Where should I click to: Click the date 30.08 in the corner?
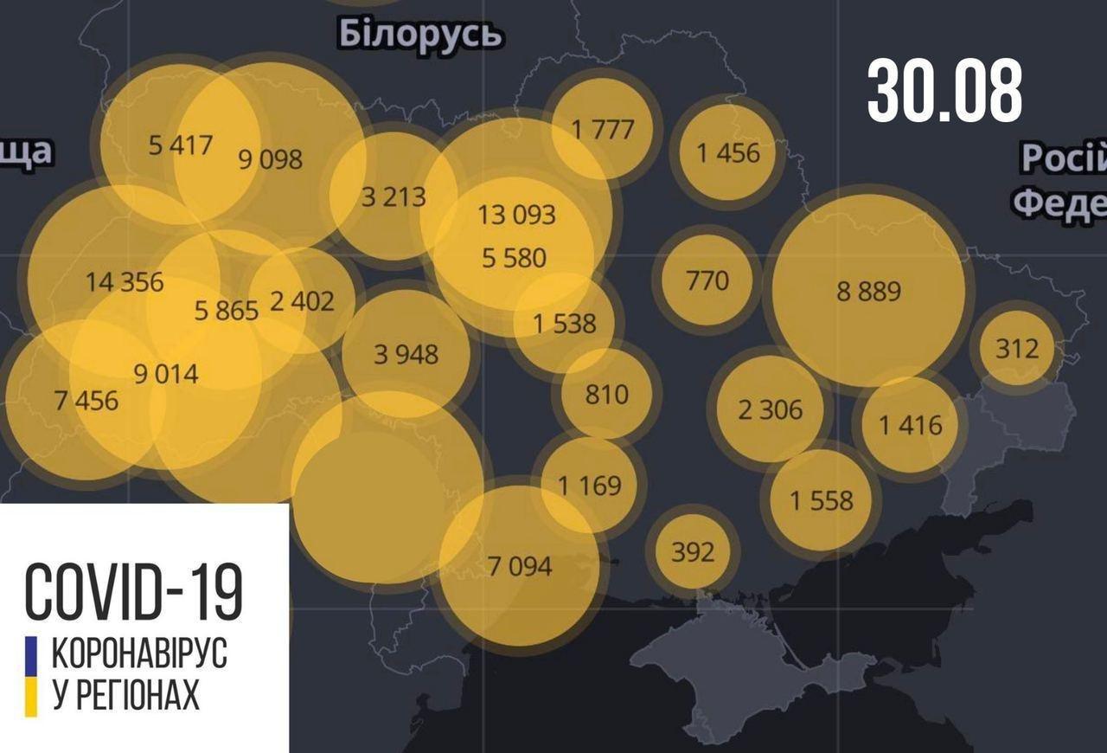pyautogui.click(x=944, y=91)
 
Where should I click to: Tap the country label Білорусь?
pyautogui.click(x=420, y=35)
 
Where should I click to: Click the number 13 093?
pyautogui.click(x=516, y=214)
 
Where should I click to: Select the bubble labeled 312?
pyautogui.click(x=1016, y=348)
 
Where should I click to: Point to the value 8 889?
pyautogui.click(x=868, y=291)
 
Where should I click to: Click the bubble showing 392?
pyautogui.click(x=693, y=550)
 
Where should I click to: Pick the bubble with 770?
pyautogui.click(x=707, y=280)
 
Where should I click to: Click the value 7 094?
pyautogui.click(x=519, y=566)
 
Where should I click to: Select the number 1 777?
pyautogui.click(x=603, y=129)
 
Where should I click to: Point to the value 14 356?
pyautogui.click(x=125, y=281)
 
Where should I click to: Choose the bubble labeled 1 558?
pyautogui.click(x=822, y=499)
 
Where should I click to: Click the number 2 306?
pyautogui.click(x=770, y=409)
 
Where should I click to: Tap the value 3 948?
pyautogui.click(x=406, y=353)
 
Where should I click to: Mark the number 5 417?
pyautogui.click(x=180, y=144)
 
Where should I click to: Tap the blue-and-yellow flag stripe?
pyautogui.click(x=31, y=676)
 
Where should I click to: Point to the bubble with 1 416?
pyautogui.click(x=910, y=424)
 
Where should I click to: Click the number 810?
pyautogui.click(x=606, y=394)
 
